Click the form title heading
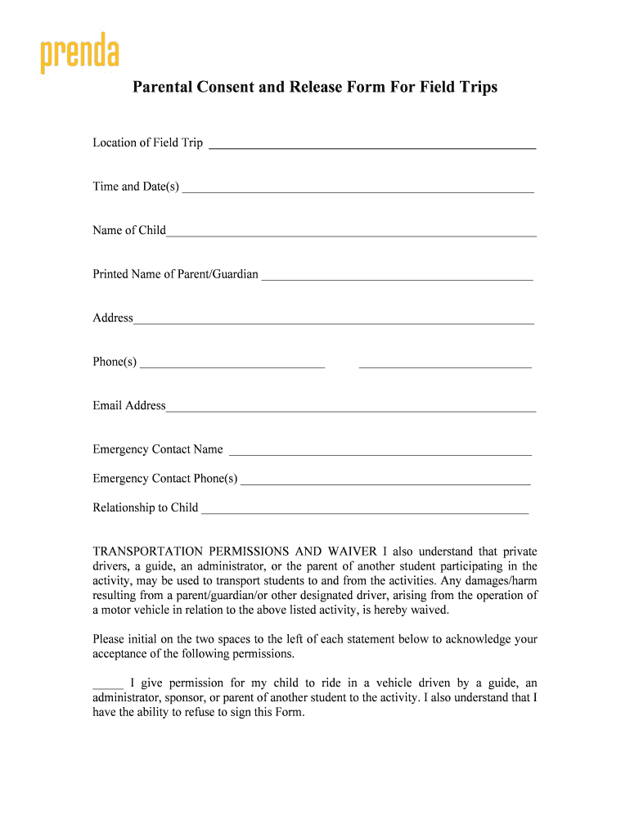click(315, 87)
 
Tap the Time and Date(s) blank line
click(358, 188)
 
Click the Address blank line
click(334, 320)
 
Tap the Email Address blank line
click(351, 408)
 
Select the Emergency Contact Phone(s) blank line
click(385, 480)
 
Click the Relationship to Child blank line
click(365, 510)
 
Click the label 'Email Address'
click(129, 406)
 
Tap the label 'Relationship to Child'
click(146, 508)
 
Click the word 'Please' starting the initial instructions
click(110, 639)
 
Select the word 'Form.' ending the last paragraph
click(288, 713)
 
